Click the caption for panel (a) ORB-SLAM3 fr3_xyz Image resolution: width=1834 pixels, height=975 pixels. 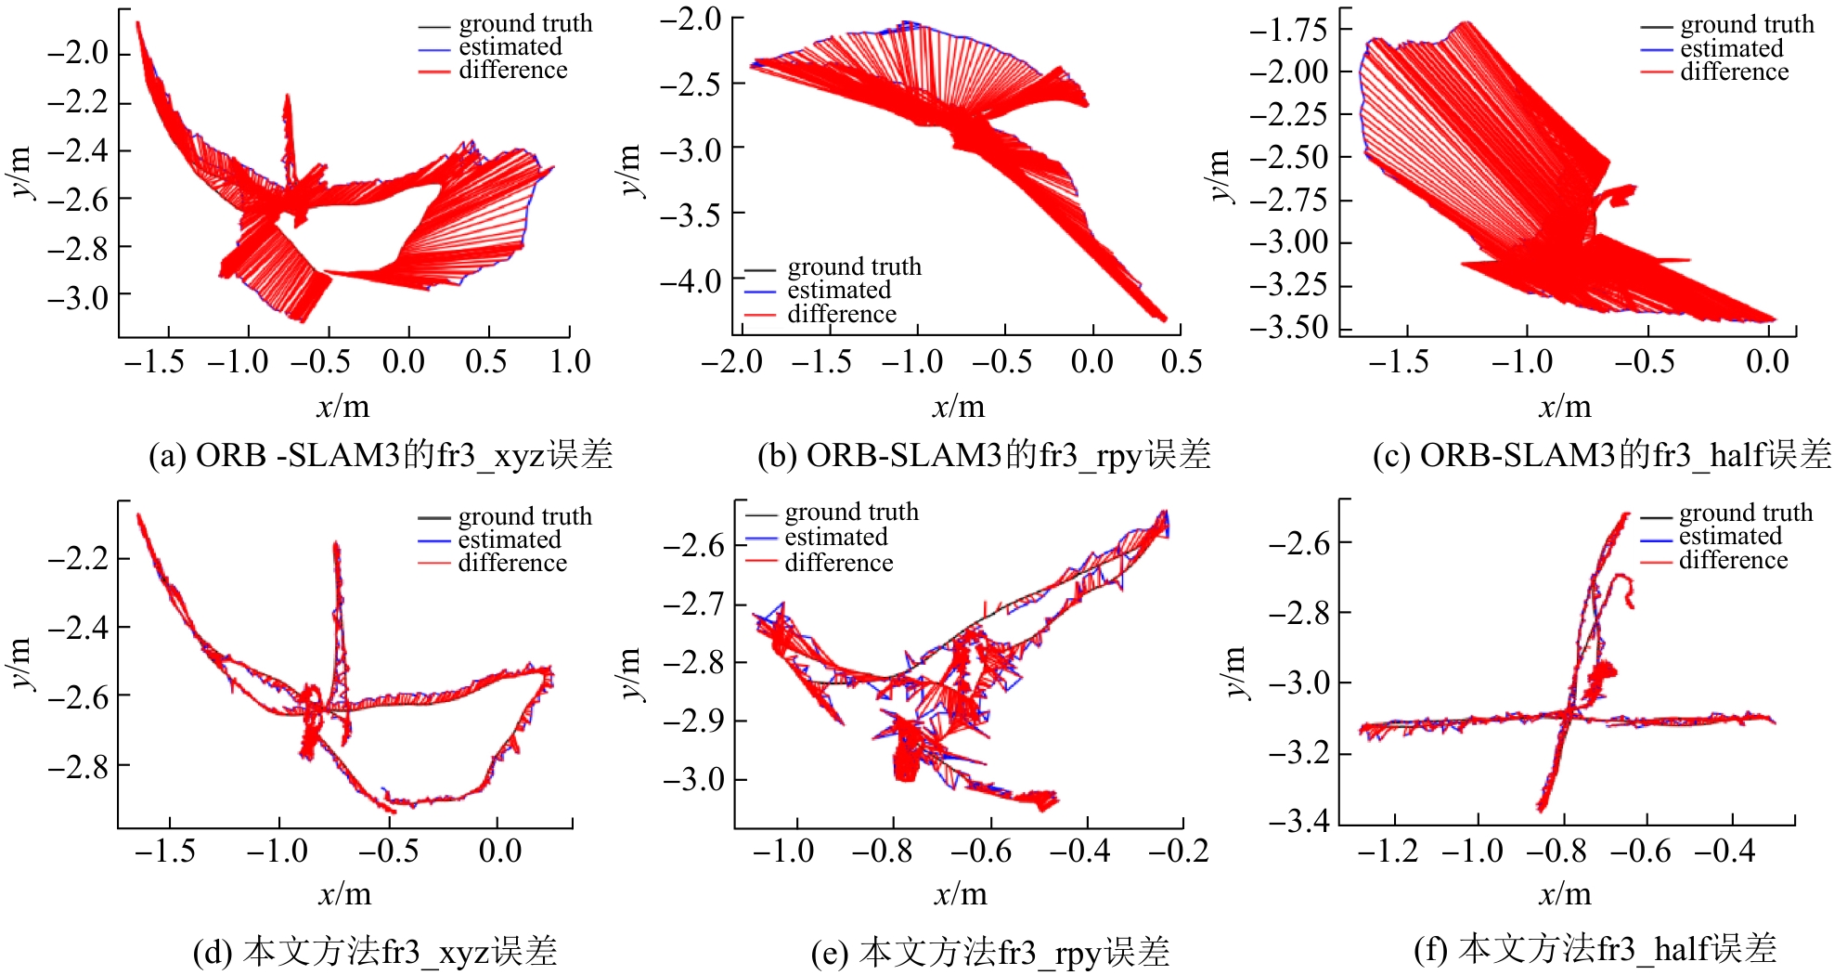point(381,455)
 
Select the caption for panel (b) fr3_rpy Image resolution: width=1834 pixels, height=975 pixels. point(984,455)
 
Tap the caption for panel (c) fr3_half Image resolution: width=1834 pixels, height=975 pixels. point(1602,455)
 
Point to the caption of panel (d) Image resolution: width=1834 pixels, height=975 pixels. point(375,952)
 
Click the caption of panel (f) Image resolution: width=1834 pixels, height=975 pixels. point(1595,949)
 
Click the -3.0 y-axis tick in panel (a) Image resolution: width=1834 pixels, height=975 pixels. point(78,297)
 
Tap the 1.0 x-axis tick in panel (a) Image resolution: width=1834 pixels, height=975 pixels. point(569,361)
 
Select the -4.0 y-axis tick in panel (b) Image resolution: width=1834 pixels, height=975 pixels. point(691,279)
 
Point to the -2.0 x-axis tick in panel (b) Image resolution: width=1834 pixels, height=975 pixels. point(731,361)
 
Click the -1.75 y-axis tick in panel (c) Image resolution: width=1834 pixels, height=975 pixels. point(1288,30)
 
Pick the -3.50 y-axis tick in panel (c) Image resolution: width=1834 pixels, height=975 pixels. point(1288,327)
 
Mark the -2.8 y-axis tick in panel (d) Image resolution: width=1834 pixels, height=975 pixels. point(78,767)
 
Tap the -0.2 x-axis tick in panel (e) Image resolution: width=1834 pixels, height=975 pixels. point(1179,851)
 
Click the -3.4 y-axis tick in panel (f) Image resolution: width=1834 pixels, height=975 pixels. point(1299,821)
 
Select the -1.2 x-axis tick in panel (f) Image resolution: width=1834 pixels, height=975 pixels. point(1388,851)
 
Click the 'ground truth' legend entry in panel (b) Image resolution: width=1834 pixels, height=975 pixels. point(854,267)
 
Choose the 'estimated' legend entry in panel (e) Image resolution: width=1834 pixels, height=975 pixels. point(835,537)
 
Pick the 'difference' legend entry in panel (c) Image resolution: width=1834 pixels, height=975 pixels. point(1734,72)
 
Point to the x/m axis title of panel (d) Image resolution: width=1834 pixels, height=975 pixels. point(344,894)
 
